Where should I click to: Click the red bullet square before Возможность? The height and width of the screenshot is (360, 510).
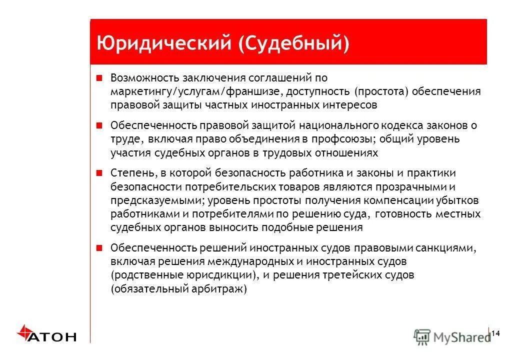[99, 77]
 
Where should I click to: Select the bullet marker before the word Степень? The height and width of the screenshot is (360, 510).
[99, 173]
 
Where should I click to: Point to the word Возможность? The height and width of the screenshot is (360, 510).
[140, 78]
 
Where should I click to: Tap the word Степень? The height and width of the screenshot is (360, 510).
[131, 173]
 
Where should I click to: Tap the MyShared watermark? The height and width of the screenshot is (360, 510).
[452, 337]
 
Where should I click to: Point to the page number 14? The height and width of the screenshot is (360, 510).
[496, 333]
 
